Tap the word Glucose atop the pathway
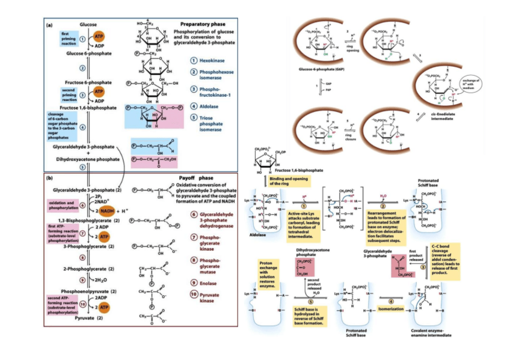(88, 25)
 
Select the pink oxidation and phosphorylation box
(61, 204)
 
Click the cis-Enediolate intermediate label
(440, 117)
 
